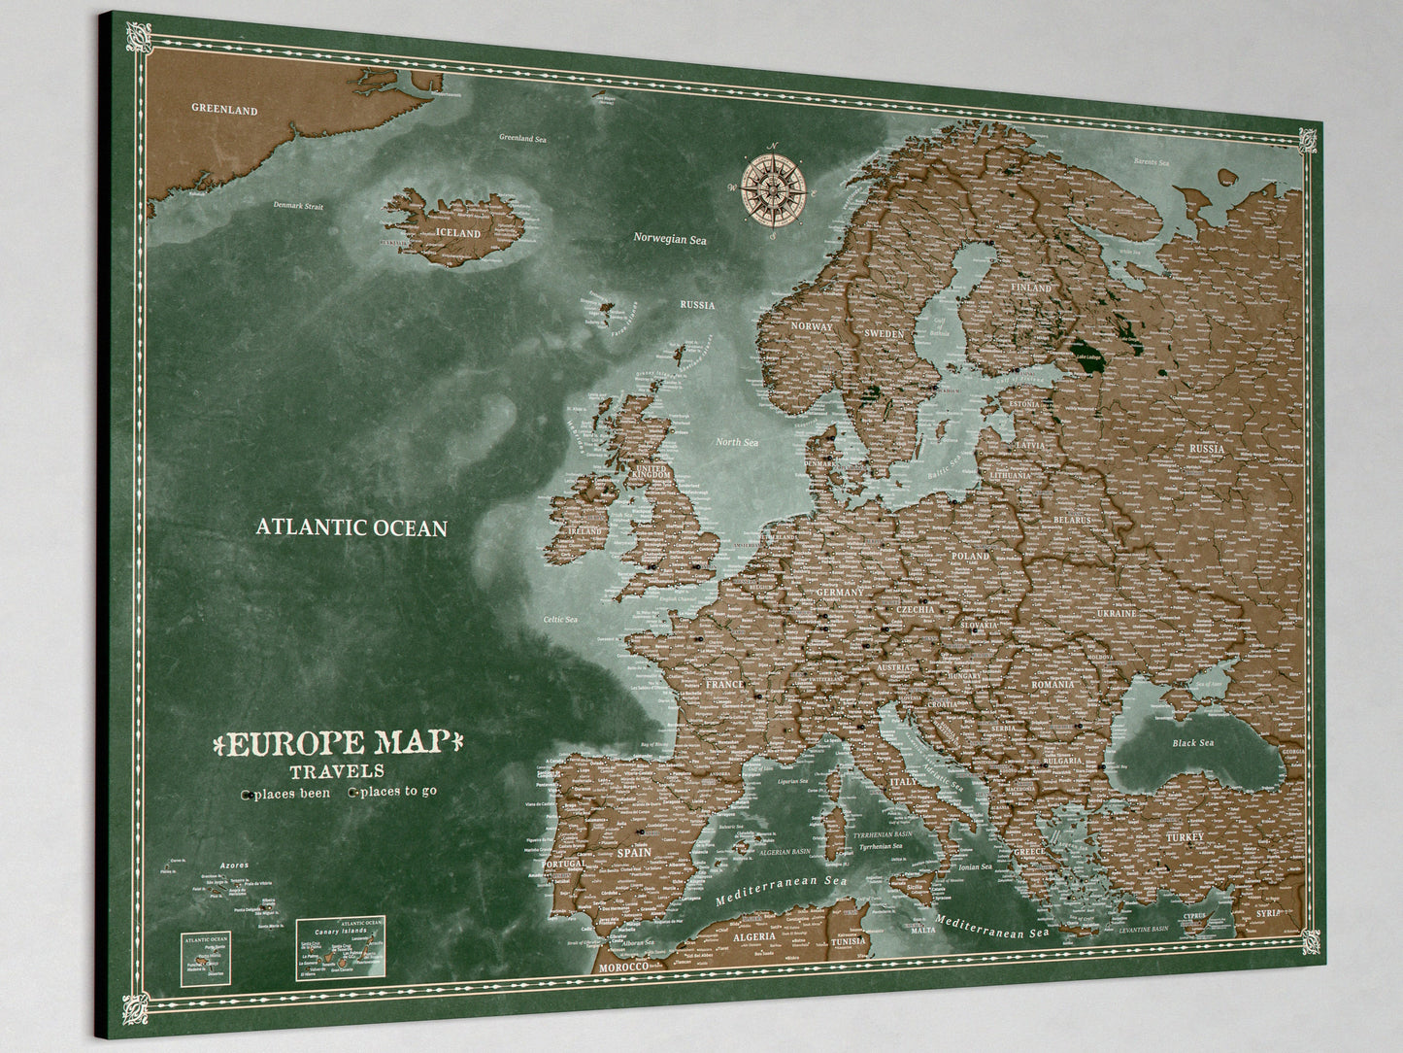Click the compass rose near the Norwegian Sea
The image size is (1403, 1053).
[775, 187]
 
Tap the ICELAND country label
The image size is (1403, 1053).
[457, 234]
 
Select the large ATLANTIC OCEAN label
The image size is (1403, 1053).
[351, 527]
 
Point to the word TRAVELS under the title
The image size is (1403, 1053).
[337, 772]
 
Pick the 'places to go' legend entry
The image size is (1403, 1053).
[394, 792]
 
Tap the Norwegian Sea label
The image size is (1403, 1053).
[670, 239]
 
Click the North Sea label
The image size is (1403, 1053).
[736, 442]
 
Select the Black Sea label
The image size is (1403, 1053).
[1192, 743]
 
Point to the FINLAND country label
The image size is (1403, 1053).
[1031, 289]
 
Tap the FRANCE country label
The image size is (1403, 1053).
[724, 685]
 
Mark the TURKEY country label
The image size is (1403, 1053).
[1186, 836]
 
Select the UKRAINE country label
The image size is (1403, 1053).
[1117, 614]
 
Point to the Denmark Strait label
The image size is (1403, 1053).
[298, 206]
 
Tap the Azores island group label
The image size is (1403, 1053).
[234, 866]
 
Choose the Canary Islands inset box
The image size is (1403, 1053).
[342, 948]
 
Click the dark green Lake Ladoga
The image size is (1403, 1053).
[1091, 346]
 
